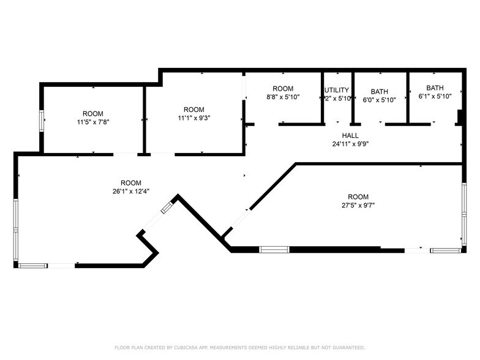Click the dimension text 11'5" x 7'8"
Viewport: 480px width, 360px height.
point(93,122)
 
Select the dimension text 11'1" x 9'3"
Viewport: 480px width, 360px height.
point(193,118)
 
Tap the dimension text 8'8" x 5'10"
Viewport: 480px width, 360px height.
point(283,97)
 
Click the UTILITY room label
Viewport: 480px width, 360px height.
point(337,90)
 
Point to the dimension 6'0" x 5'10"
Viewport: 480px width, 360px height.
point(379,100)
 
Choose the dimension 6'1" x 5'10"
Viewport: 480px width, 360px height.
point(435,96)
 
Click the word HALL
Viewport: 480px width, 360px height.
point(350,136)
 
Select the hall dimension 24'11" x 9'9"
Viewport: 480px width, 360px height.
point(350,144)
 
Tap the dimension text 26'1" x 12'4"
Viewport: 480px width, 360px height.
point(130,191)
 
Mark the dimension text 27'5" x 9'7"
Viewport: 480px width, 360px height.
point(358,205)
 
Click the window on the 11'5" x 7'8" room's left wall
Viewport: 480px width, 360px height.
point(42,120)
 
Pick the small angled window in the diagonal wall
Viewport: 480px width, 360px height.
point(167,208)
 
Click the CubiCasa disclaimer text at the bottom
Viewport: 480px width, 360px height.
point(240,347)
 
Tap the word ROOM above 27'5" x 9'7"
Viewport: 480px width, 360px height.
point(358,197)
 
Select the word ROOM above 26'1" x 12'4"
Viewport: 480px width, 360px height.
point(130,182)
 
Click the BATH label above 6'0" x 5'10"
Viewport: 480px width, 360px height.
point(379,91)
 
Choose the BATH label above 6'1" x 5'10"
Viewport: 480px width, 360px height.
point(435,88)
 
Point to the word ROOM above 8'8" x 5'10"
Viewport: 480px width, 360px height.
point(283,89)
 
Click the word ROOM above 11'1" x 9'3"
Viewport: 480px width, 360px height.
point(193,110)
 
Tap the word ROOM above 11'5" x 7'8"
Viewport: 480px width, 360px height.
point(93,113)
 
